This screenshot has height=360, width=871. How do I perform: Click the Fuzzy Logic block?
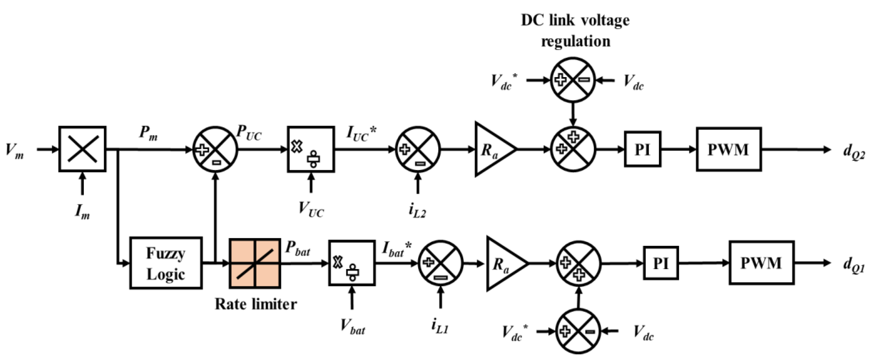pos(166,263)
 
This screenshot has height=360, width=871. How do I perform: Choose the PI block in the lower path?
pos(661,263)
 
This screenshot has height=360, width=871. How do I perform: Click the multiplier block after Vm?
pos(82,149)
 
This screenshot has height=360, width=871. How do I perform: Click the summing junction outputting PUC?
pos(215,149)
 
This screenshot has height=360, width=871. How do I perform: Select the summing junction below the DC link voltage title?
pos(572,80)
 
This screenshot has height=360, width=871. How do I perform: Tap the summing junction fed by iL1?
pos(440,263)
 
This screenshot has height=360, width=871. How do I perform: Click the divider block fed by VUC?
pos(311,149)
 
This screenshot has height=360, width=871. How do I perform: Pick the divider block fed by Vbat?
pos(352,263)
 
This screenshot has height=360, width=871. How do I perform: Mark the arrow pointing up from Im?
pos(82,183)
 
